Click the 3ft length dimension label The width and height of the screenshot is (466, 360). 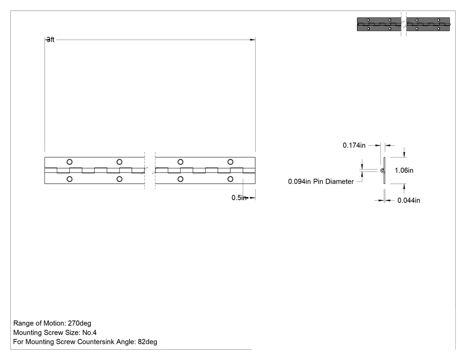point(51,40)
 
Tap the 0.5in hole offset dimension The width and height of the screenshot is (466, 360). point(239,198)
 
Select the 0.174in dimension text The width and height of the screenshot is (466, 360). point(354,145)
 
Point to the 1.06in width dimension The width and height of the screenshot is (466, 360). point(404,170)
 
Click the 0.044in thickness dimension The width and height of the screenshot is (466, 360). point(409,200)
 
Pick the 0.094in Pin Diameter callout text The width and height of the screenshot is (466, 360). point(321,182)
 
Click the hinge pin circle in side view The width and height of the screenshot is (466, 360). point(383,170)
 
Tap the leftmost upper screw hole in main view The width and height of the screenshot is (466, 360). point(70,162)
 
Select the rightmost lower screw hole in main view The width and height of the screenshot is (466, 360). point(230,179)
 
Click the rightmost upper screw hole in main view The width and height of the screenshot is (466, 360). point(230,162)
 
